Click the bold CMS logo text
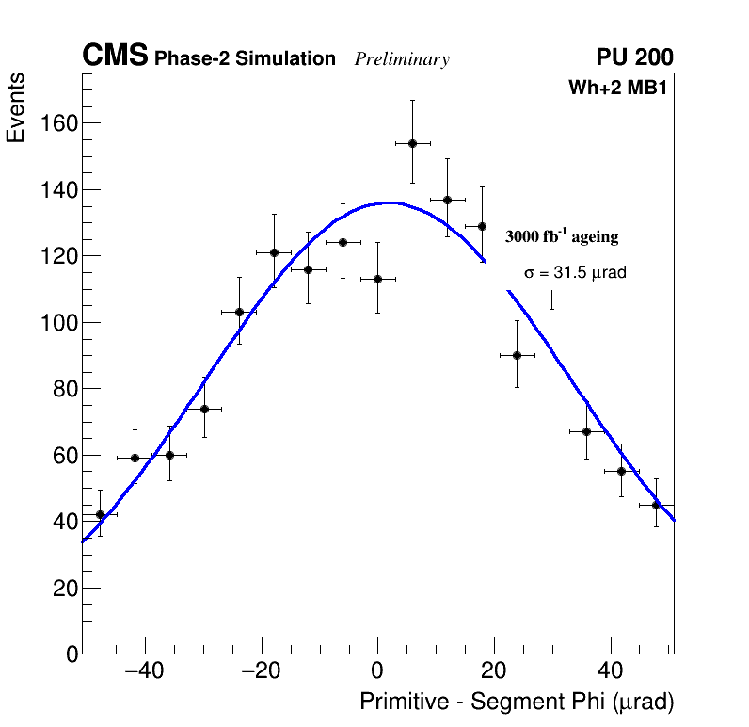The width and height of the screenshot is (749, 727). pyautogui.click(x=115, y=57)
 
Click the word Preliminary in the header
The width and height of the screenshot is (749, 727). pyautogui.click(x=402, y=59)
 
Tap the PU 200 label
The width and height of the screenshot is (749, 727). pyautogui.click(x=634, y=57)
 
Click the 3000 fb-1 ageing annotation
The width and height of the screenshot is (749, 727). pyautogui.click(x=562, y=237)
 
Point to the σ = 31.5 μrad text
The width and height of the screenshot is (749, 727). pyautogui.click(x=575, y=273)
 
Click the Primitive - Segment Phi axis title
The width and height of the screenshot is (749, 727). pyautogui.click(x=517, y=702)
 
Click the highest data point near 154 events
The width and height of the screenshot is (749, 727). pyautogui.click(x=412, y=143)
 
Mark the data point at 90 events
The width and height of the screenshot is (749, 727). pyautogui.click(x=517, y=355)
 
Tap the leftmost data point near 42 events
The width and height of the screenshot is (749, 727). pyautogui.click(x=100, y=514)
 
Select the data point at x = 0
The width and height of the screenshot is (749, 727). pyautogui.click(x=377, y=279)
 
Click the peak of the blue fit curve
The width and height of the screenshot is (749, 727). pyautogui.click(x=389, y=202)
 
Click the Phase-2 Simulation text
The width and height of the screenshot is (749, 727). pyautogui.click(x=245, y=59)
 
